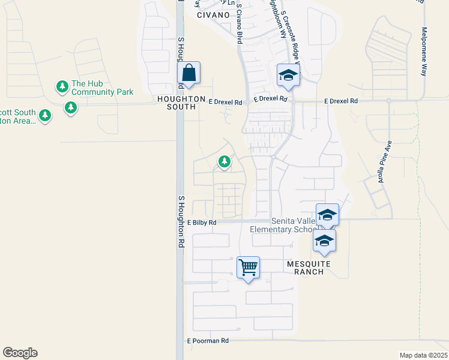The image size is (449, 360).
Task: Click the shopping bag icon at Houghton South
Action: point(189,74)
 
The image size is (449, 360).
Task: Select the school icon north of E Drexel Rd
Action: point(288,76)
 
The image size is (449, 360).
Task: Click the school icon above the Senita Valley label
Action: point(327,215)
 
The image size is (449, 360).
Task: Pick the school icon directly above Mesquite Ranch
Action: point(324,241)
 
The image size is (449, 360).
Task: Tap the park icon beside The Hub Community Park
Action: point(62,87)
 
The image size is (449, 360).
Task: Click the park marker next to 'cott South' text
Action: point(44,115)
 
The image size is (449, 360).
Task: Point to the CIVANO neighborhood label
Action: point(213,15)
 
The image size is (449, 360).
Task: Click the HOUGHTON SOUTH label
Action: point(176,103)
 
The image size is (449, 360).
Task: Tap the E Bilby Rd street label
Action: point(201,222)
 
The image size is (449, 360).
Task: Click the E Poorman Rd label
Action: point(208,341)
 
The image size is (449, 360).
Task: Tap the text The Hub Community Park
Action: point(102,88)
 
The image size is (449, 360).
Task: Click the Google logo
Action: point(20,353)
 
